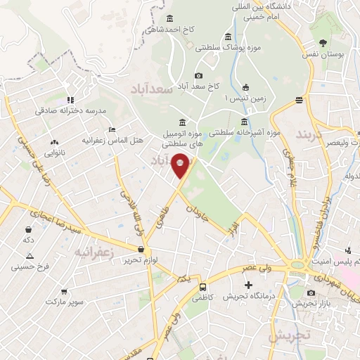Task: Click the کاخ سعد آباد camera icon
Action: [x=199, y=76]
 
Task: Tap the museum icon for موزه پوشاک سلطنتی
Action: [x=227, y=37]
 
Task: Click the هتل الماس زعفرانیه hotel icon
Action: [x=112, y=130]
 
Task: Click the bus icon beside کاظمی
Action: [x=203, y=287]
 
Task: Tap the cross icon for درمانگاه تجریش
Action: [x=248, y=285]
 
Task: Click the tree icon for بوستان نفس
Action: [x=323, y=42]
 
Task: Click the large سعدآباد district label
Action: [x=153, y=89]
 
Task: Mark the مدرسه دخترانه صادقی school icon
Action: [x=70, y=100]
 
